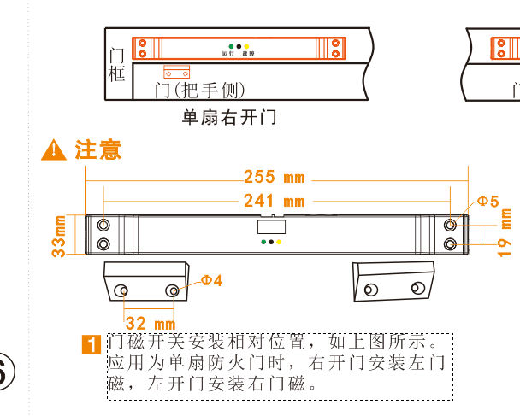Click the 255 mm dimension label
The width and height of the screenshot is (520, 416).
coord(274,178)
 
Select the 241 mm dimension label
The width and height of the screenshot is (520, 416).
coord(274,202)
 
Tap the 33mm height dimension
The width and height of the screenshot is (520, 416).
coord(61,235)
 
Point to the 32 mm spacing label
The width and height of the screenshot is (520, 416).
coord(151,324)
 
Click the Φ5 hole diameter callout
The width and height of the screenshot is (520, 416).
coord(487,202)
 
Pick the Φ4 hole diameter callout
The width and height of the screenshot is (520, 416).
coord(211,280)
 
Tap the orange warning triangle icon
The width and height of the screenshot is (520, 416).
coord(53,150)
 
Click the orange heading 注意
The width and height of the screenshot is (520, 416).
coord(98,150)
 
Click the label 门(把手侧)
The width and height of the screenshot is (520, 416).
coord(199,90)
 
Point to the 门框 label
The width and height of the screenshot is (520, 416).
coord(118,65)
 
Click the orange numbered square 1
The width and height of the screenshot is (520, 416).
coord(92,344)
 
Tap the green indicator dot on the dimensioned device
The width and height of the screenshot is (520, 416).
coord(263,242)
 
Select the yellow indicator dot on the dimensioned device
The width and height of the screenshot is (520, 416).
coord(280,242)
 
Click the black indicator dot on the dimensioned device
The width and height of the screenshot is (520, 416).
coord(271,242)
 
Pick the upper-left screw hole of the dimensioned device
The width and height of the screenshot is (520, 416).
coord(103,225)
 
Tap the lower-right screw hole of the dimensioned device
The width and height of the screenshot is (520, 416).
coord(451,245)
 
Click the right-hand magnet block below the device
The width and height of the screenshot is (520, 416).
coord(394,283)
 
